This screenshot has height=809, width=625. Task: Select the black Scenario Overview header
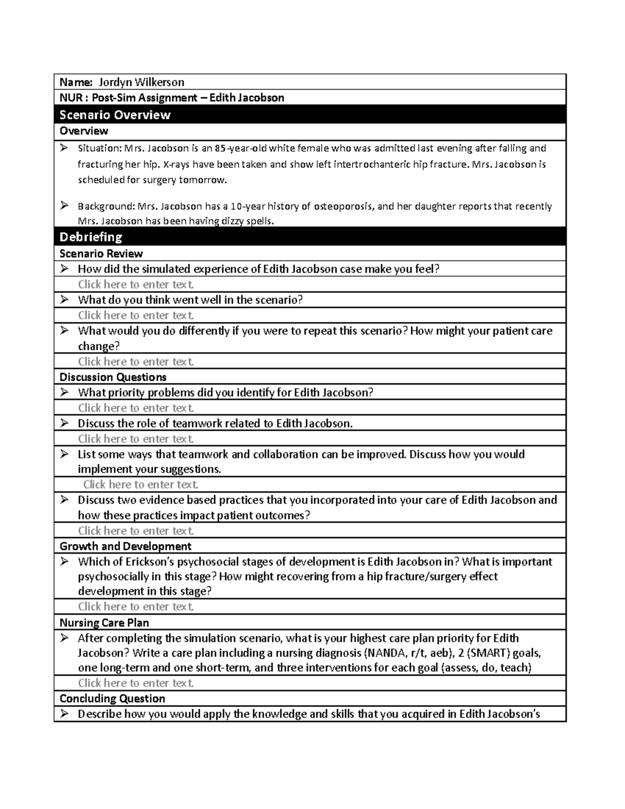pyautogui.click(x=115, y=115)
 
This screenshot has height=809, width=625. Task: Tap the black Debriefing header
pyautogui.click(x=91, y=237)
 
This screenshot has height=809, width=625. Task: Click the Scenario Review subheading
pyautogui.click(x=101, y=254)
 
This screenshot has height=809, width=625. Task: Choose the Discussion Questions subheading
pyautogui.click(x=113, y=377)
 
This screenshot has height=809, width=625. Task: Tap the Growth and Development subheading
pyautogui.click(x=126, y=546)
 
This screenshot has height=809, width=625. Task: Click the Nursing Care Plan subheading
pyautogui.click(x=104, y=623)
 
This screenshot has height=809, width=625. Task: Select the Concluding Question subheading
pyautogui.click(x=112, y=699)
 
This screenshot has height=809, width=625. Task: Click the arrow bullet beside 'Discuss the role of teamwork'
pyautogui.click(x=64, y=424)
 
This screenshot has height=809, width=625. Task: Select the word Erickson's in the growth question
pyautogui.click(x=141, y=562)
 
